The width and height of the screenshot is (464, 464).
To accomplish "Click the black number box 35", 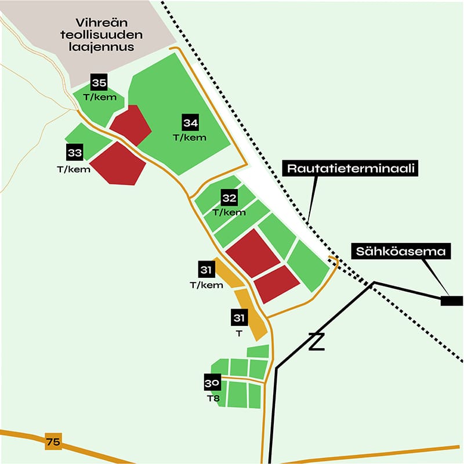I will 99,83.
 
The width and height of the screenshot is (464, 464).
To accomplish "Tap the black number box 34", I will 191,123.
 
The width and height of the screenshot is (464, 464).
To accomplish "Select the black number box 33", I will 75,153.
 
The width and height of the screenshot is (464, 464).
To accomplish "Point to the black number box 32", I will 230,198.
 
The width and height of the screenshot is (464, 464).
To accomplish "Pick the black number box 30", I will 212,383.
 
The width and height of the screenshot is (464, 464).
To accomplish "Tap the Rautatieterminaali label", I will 351,168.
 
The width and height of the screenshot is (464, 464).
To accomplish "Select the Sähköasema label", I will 401,252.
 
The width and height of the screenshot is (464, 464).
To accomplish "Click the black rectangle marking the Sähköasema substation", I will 451,300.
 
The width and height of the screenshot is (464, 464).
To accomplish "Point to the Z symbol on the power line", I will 316,342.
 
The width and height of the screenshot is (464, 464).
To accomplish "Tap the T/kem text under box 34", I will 190,137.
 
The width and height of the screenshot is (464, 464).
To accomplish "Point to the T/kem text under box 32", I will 230,212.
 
